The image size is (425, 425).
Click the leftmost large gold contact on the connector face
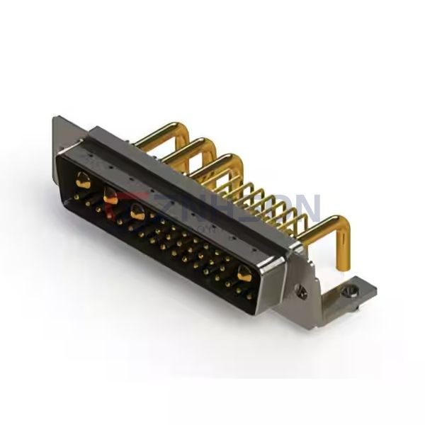pyautogui.click(x=83, y=179)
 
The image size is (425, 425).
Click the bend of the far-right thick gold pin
pyautogui.click(x=339, y=225)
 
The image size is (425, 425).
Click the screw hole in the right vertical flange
pyautogui.click(x=302, y=289)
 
